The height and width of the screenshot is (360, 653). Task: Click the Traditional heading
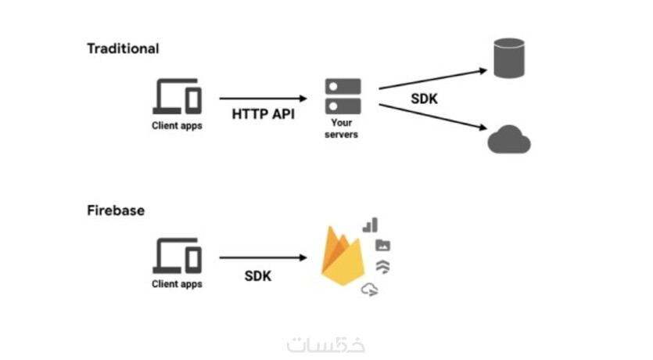click(123, 49)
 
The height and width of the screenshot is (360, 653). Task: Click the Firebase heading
click(116, 211)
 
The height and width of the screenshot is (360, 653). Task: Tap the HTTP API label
click(262, 113)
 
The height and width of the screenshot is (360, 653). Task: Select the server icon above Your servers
click(343, 95)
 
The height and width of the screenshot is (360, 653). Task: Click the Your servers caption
click(343, 129)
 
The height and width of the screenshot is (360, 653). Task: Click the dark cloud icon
click(509, 140)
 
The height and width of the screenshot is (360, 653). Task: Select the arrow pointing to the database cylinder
click(434, 78)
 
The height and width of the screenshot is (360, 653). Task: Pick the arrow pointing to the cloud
click(434, 114)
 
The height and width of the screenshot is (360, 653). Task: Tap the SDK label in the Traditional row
click(425, 99)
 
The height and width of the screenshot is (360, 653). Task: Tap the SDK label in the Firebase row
click(258, 275)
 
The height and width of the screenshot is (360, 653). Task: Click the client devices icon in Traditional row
click(177, 96)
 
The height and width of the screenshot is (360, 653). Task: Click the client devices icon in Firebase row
click(177, 255)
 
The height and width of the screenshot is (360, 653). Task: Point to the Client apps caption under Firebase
click(177, 284)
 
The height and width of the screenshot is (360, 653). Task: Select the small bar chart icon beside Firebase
click(370, 225)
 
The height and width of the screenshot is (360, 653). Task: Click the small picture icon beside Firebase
click(382, 245)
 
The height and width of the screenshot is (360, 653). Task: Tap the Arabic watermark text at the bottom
click(327, 344)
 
